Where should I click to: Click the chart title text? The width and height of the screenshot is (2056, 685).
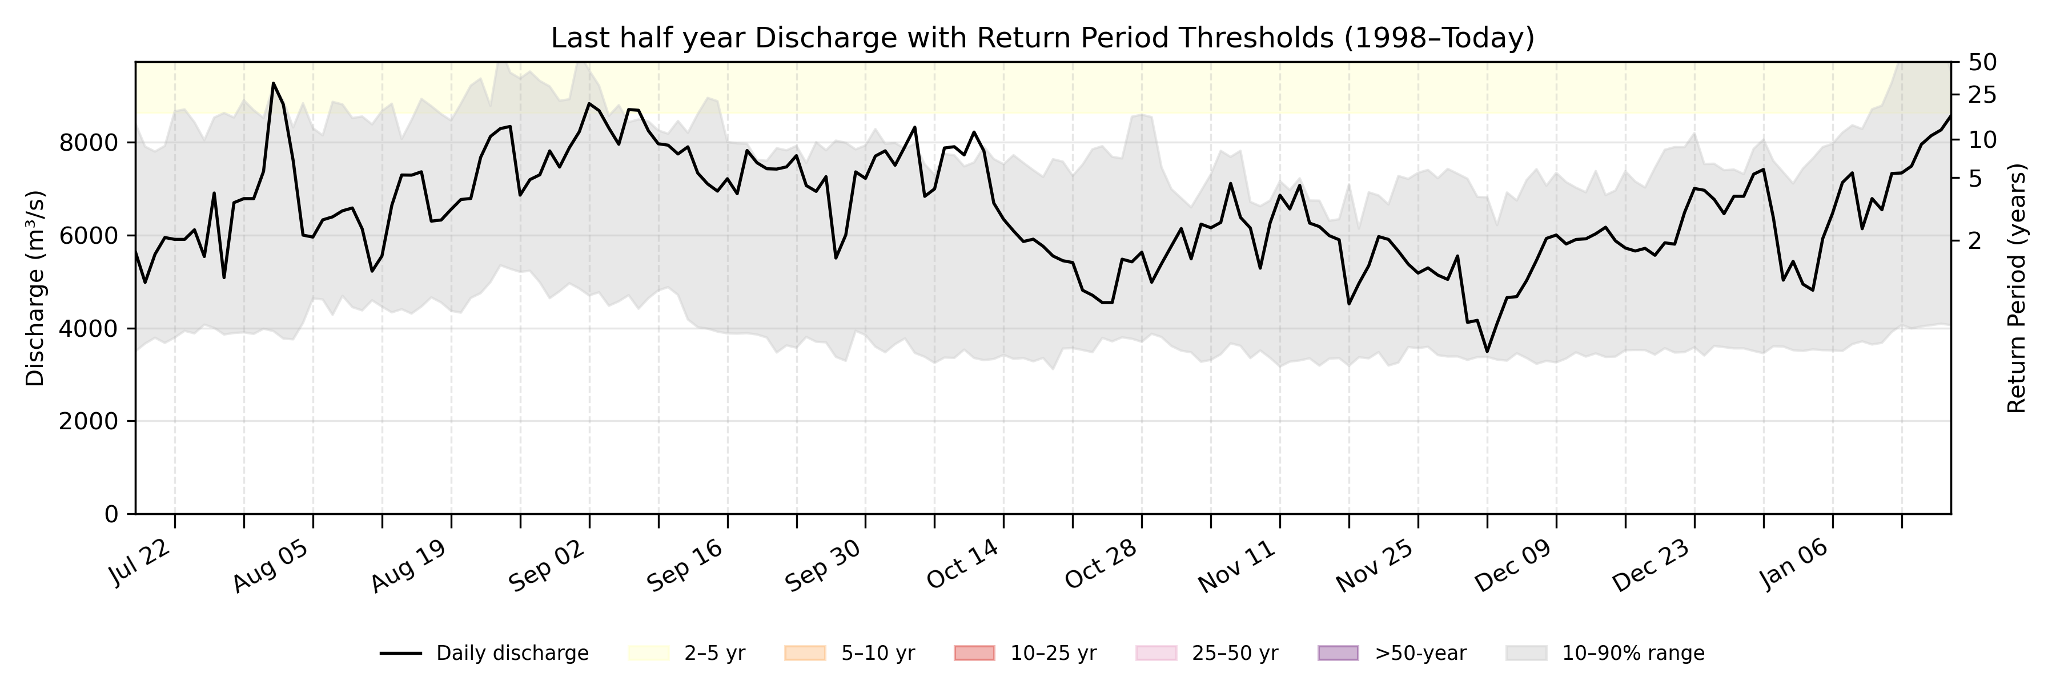1042,38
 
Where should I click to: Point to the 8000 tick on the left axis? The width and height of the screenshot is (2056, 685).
88,143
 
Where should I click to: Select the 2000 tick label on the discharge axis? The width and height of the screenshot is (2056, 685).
88,421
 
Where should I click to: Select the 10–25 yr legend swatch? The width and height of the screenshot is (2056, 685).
974,653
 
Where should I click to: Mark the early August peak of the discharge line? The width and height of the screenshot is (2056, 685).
274,83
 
